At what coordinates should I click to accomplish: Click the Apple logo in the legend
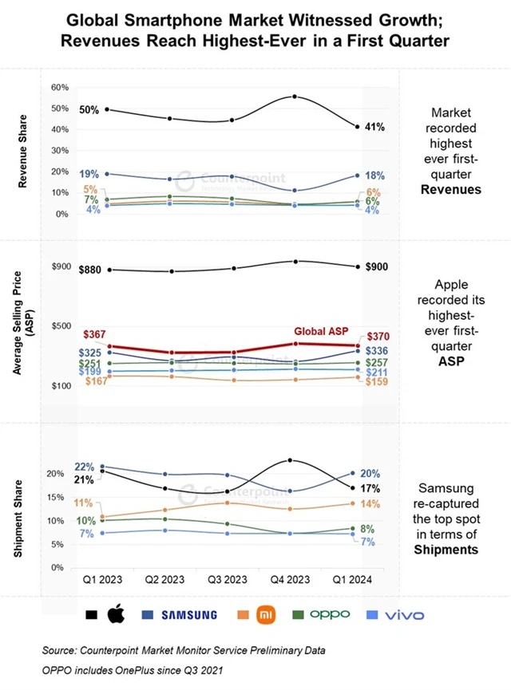click(117, 614)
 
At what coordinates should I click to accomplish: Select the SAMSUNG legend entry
click(189, 615)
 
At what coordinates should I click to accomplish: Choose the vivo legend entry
click(402, 615)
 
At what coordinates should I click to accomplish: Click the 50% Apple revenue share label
click(89, 110)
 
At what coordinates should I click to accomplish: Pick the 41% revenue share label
click(375, 127)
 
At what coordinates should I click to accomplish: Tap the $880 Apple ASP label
click(91, 270)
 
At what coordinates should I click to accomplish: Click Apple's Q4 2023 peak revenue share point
click(295, 97)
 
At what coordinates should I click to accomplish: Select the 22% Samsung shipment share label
click(85, 467)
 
